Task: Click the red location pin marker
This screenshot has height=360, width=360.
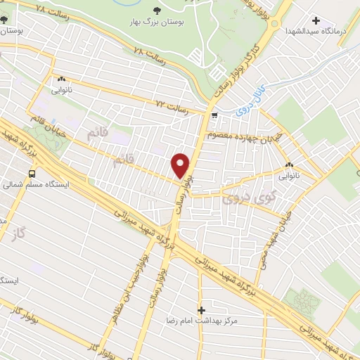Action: [x=181, y=165]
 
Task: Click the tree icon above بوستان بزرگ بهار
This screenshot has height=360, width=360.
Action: [x=155, y=11]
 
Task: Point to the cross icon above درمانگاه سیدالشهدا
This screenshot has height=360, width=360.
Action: [x=316, y=21]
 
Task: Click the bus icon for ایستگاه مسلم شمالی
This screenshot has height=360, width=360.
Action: [x=32, y=174]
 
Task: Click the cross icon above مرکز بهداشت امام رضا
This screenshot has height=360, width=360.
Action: [x=201, y=309]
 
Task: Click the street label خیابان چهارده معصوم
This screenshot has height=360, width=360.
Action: [x=245, y=134]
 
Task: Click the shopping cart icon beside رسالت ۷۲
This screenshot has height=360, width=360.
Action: [x=214, y=115]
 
